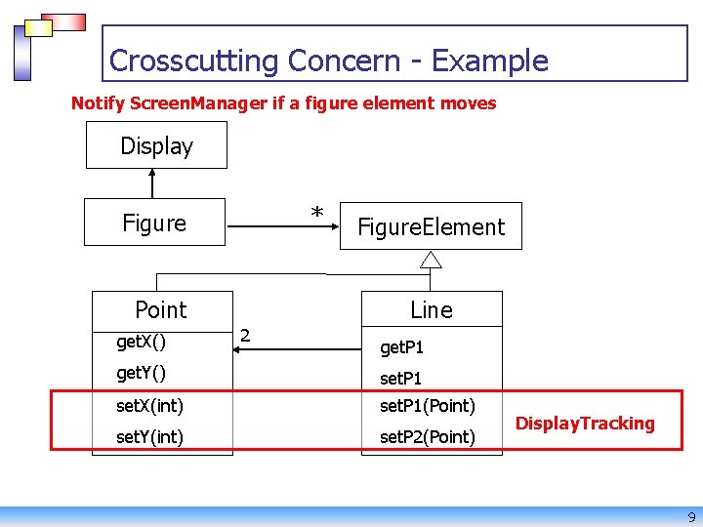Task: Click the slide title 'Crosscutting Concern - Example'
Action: (x=328, y=61)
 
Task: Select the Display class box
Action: (x=156, y=145)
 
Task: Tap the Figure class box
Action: (x=154, y=223)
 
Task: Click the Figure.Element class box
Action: (x=431, y=227)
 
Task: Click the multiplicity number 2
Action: (x=245, y=336)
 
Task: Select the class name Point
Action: (x=160, y=310)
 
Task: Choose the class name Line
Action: (x=431, y=310)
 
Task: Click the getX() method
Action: (x=141, y=342)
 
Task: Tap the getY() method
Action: (x=141, y=372)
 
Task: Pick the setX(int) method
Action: (x=149, y=405)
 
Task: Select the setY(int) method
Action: (x=149, y=436)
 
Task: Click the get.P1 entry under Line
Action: (x=401, y=347)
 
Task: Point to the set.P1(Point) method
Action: (x=427, y=405)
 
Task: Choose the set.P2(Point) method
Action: (x=427, y=436)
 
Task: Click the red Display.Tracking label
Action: (x=584, y=423)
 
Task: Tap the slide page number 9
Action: (x=691, y=517)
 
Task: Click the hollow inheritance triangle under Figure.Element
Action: (x=431, y=259)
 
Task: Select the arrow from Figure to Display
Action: (x=152, y=183)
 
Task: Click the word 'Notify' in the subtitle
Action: (x=98, y=103)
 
